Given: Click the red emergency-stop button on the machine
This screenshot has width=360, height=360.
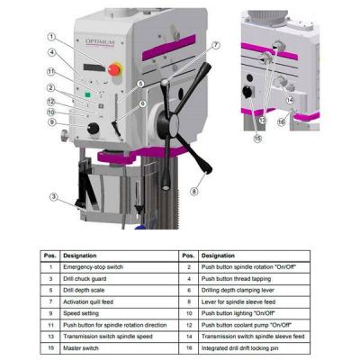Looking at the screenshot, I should coord(114,68).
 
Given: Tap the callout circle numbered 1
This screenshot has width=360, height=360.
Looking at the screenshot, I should coord(51,37).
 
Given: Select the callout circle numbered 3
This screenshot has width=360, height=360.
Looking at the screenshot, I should coord(54,197).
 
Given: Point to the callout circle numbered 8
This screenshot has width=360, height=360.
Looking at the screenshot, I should coord(193,191).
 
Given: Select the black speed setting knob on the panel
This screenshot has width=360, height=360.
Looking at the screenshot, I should coord(94,129).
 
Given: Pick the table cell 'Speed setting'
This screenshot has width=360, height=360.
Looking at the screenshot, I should coord(99,311).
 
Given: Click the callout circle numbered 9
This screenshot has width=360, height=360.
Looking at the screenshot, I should coord(51,122).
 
